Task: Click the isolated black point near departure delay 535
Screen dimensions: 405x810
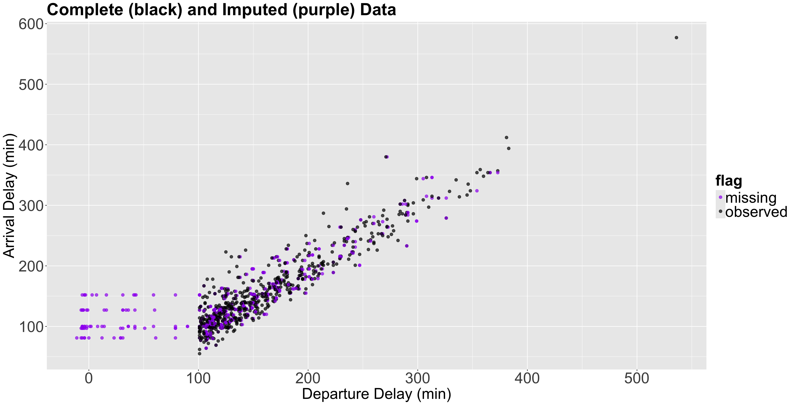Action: pos(676,38)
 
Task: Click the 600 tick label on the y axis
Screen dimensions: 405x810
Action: pos(31,24)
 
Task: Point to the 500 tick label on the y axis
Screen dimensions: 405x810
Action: pos(31,85)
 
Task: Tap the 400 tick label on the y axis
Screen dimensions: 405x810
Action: pos(31,145)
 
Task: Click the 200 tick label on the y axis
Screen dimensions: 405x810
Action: pos(31,267)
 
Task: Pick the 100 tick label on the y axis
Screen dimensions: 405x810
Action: pos(31,327)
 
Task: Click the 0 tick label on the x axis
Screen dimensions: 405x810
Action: pos(89,378)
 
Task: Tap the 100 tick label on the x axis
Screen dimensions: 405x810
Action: pos(198,378)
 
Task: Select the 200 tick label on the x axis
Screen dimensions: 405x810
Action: pos(308,378)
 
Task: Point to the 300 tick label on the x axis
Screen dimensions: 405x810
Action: pos(418,378)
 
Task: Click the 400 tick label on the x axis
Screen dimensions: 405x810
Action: pos(527,378)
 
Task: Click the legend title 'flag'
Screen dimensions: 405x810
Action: pos(729,181)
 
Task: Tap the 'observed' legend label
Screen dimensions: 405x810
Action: pos(756,212)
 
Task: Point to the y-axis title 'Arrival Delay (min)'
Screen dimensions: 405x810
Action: pos(9,196)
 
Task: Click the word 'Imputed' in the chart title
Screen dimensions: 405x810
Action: pos(255,10)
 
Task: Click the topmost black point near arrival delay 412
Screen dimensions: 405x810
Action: pos(506,137)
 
